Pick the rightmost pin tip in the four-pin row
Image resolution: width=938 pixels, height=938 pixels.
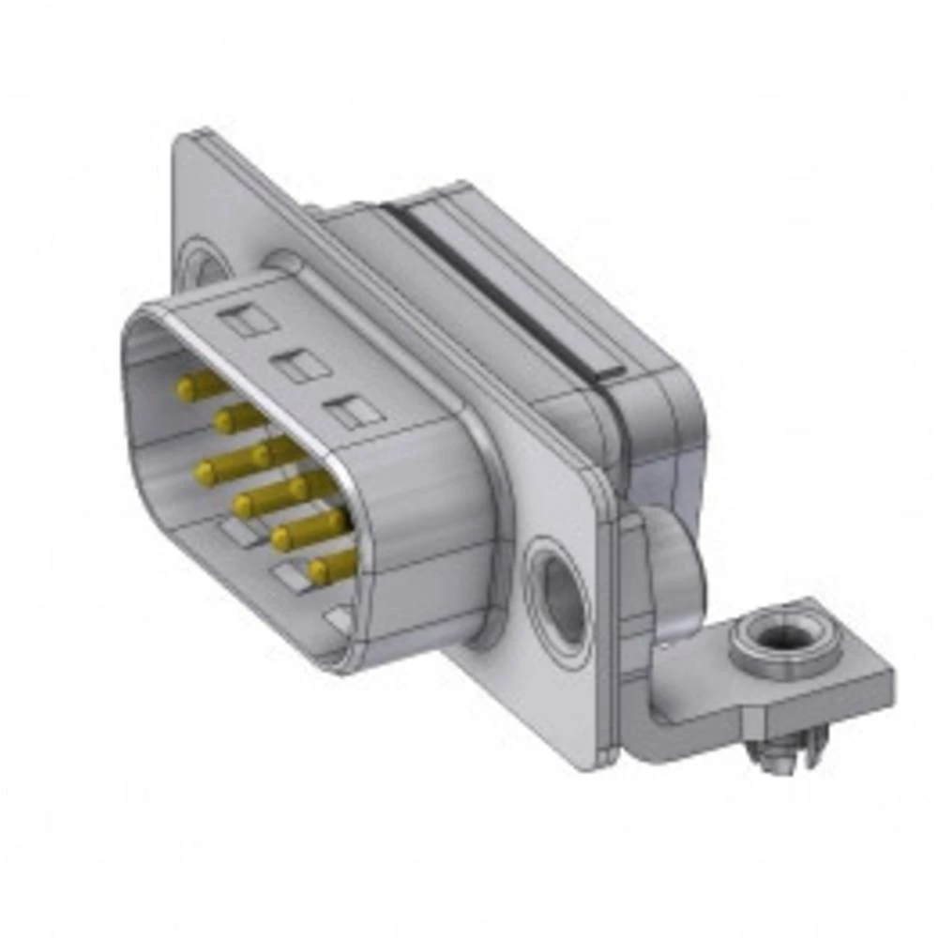point(318,568)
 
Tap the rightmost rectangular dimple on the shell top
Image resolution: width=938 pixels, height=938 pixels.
point(352,412)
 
